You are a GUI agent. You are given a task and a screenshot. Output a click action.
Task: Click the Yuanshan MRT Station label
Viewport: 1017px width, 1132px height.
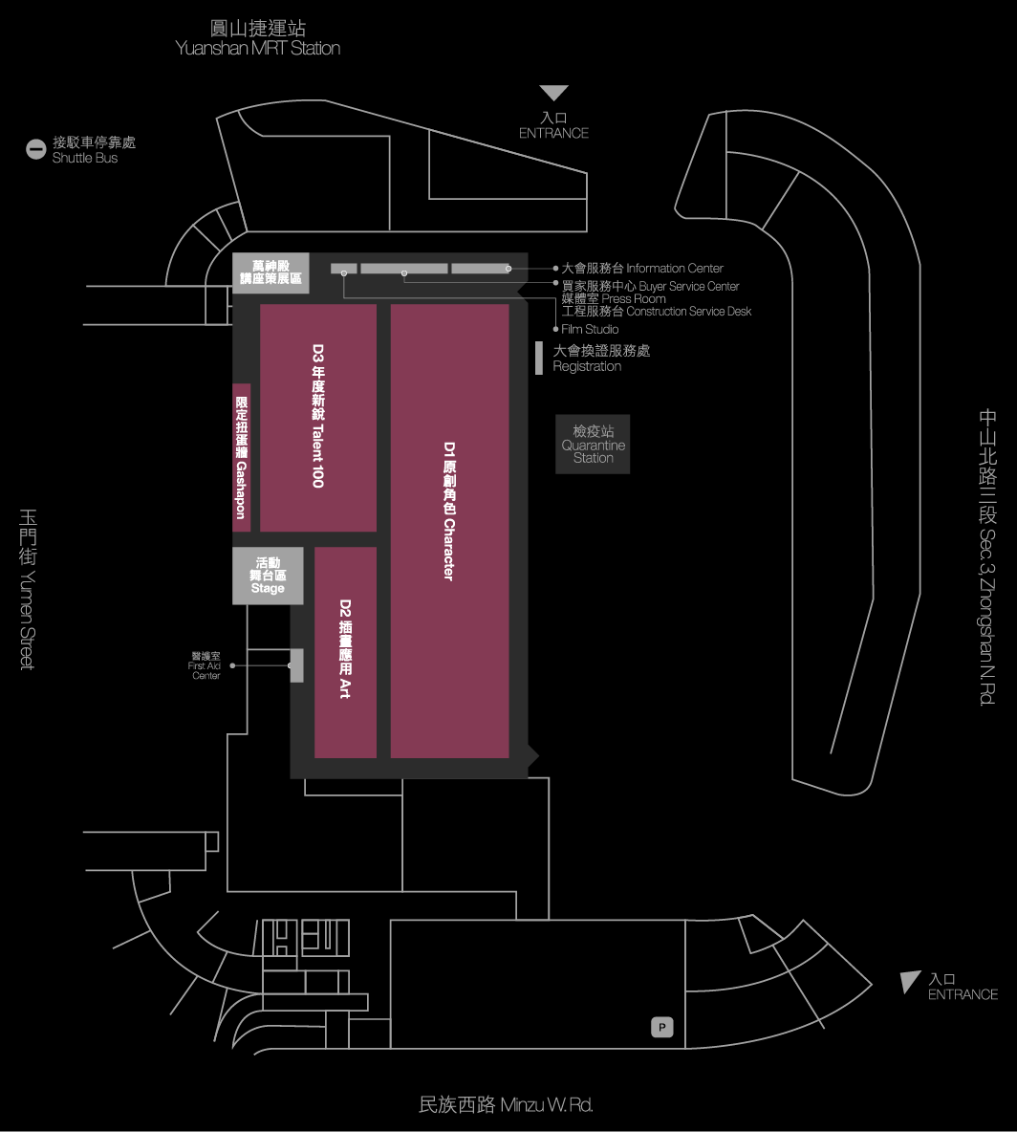point(258,38)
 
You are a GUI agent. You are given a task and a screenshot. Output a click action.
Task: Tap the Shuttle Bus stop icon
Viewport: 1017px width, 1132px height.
point(35,149)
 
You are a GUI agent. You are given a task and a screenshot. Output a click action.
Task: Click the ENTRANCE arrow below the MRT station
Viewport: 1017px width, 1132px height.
point(553,93)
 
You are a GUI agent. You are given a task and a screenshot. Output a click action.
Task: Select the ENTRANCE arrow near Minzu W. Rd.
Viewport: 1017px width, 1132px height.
point(910,981)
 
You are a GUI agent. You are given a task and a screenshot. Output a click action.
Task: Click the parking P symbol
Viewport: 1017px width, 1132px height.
point(662,1028)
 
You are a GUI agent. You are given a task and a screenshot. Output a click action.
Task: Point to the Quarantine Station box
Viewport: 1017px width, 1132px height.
point(593,445)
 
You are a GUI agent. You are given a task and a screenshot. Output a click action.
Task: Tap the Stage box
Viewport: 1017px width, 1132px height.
point(268,576)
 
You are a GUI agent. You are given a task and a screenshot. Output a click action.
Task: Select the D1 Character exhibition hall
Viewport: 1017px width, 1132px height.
point(449,531)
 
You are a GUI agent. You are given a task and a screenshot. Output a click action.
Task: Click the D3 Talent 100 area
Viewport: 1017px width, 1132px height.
point(318,418)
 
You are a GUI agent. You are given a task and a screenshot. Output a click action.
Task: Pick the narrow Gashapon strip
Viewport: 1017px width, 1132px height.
point(242,457)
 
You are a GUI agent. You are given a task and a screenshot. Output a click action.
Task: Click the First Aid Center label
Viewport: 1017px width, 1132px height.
point(206,666)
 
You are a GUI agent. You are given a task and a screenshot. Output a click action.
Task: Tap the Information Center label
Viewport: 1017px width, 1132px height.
point(642,269)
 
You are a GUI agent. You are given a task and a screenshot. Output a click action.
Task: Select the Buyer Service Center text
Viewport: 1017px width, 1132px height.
point(650,286)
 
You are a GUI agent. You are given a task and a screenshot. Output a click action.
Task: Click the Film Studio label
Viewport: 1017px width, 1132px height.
point(590,329)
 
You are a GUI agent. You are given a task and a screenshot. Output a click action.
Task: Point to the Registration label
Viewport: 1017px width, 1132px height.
point(601,359)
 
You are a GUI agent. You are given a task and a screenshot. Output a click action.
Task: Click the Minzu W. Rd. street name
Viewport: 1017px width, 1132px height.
point(506,1105)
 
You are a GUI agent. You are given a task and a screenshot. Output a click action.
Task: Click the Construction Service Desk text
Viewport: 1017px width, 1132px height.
point(657,312)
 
